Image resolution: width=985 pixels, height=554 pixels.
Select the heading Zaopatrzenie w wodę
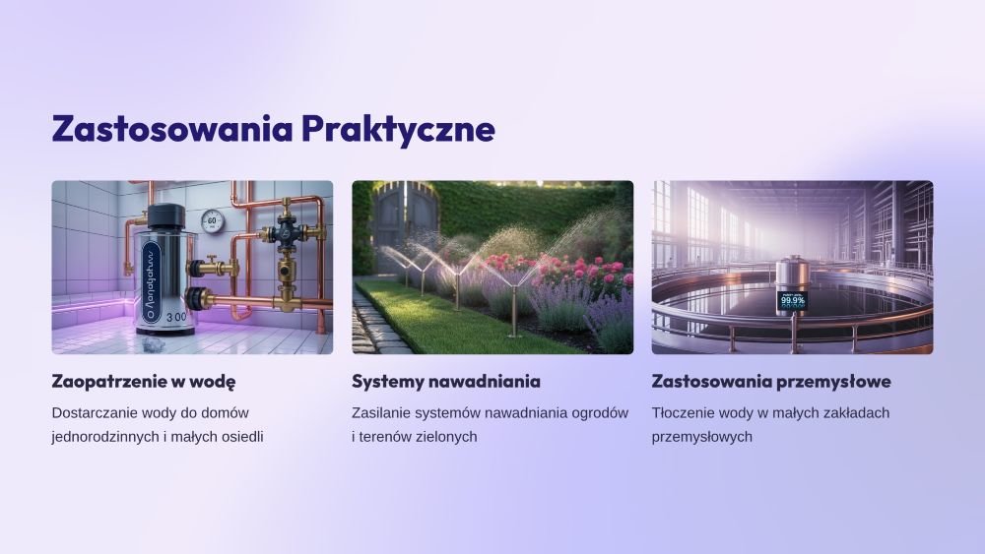[144, 382]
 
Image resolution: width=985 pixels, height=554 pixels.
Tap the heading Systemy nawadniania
[446, 382]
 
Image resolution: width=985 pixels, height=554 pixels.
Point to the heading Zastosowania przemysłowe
[771, 382]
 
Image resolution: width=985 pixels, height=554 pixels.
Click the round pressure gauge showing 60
[213, 220]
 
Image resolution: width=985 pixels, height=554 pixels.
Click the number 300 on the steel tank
[176, 318]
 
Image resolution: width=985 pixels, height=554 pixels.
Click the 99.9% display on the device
[792, 300]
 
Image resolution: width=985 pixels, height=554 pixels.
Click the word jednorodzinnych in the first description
[105, 437]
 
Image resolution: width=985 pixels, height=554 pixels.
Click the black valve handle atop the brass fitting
[287, 233]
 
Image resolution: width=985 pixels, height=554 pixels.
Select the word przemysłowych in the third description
[701, 437]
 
